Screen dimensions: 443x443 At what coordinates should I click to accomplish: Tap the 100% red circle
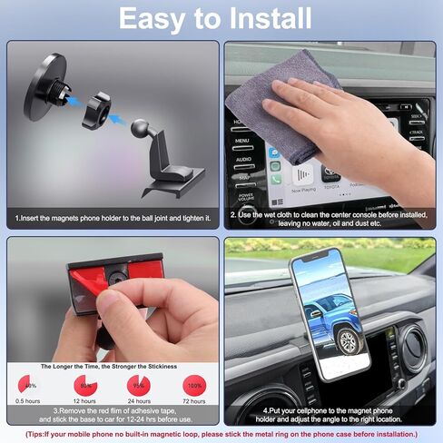193,385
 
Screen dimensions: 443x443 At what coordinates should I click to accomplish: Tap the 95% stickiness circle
138,385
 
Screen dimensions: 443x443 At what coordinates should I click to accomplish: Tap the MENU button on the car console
241,142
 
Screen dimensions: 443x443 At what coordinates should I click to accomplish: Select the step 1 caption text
113,218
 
